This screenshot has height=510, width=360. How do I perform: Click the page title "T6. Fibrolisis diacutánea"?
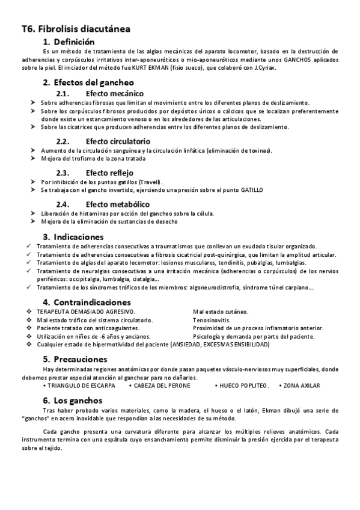pyautogui.click(x=76, y=29)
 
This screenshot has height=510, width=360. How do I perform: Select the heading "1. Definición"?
pyautogui.click(x=69, y=42)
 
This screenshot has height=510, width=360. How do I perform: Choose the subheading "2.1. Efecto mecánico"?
pyautogui.click(x=100, y=93)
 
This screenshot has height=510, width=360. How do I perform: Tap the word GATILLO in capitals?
pyautogui.click(x=251, y=190)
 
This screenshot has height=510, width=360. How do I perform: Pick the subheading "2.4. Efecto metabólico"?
pyautogui.click(x=103, y=204)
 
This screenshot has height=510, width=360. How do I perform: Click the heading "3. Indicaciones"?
pyautogui.click(x=73, y=236)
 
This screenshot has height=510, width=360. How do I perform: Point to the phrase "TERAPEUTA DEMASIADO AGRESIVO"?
pyautogui.click(x=86, y=312)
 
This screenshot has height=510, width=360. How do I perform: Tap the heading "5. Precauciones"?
pyautogui.click(x=76, y=359)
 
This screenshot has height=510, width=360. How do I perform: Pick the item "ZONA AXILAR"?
pyautogui.click(x=302, y=385)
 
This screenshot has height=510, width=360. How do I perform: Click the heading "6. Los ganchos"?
pyautogui.click(x=73, y=400)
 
